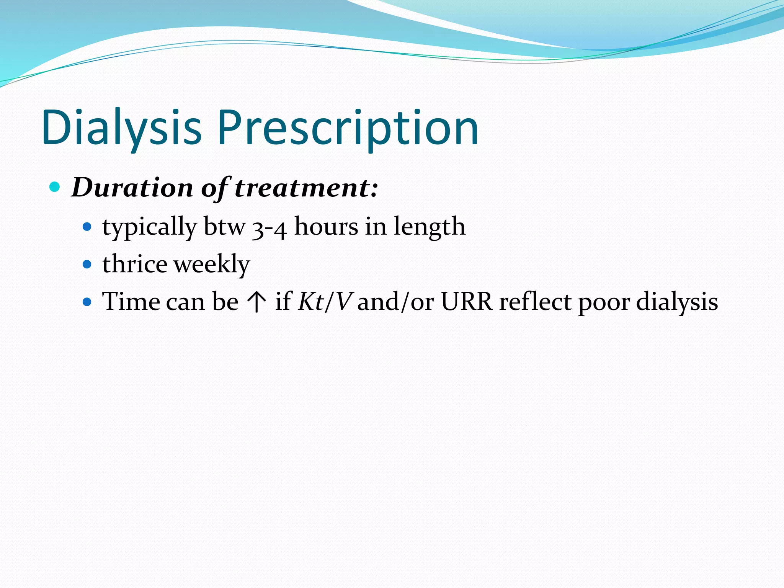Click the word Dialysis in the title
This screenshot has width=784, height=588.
[x=121, y=127]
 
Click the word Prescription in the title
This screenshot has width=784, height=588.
[x=348, y=127]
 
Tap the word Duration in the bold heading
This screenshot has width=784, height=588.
[x=132, y=188]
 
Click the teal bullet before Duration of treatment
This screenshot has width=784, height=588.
[x=55, y=187]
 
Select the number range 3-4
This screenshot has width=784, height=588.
[x=269, y=228]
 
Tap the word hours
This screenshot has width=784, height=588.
[x=326, y=227]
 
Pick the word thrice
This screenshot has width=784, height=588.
[x=135, y=264]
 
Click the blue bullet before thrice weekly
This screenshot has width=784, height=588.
[x=88, y=264]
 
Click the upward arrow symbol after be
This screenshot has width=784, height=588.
[x=257, y=302]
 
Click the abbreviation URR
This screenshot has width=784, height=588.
[x=467, y=302]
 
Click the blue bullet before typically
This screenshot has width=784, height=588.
[x=88, y=227]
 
